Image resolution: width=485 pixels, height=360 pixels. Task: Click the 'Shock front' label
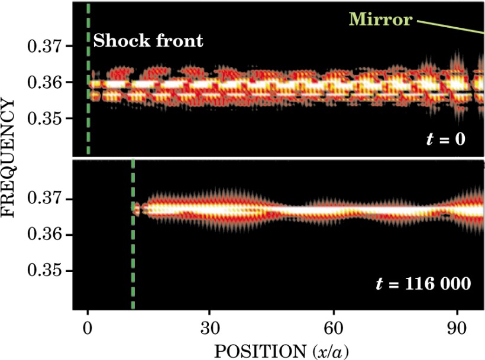[148, 41]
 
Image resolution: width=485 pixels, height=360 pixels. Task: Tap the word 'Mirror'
[380, 20]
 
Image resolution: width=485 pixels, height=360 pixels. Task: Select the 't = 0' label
[446, 140]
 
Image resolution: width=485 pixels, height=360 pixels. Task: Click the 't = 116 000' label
[423, 284]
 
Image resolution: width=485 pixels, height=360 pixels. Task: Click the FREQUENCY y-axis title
[9, 158]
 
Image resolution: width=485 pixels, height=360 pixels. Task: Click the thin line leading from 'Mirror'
[450, 27]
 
